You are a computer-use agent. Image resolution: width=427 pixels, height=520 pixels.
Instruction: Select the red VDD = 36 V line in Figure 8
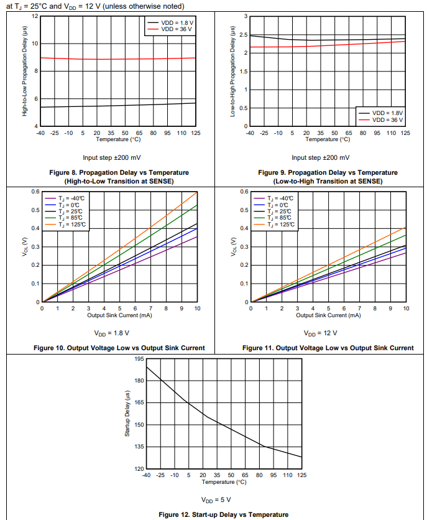pyautogui.click(x=118, y=59)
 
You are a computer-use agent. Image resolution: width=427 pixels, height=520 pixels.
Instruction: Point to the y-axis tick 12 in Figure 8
pyautogui.click(x=35, y=16)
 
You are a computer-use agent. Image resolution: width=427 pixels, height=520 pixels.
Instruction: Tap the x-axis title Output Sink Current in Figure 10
pyautogui.click(x=119, y=315)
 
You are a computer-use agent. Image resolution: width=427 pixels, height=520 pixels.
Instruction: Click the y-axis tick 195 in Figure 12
pyautogui.click(x=139, y=360)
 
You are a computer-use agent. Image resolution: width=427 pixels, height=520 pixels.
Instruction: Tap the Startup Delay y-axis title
pyautogui.click(x=127, y=414)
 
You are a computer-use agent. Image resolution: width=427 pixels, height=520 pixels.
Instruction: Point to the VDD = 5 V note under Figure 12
pyautogui.click(x=216, y=499)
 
